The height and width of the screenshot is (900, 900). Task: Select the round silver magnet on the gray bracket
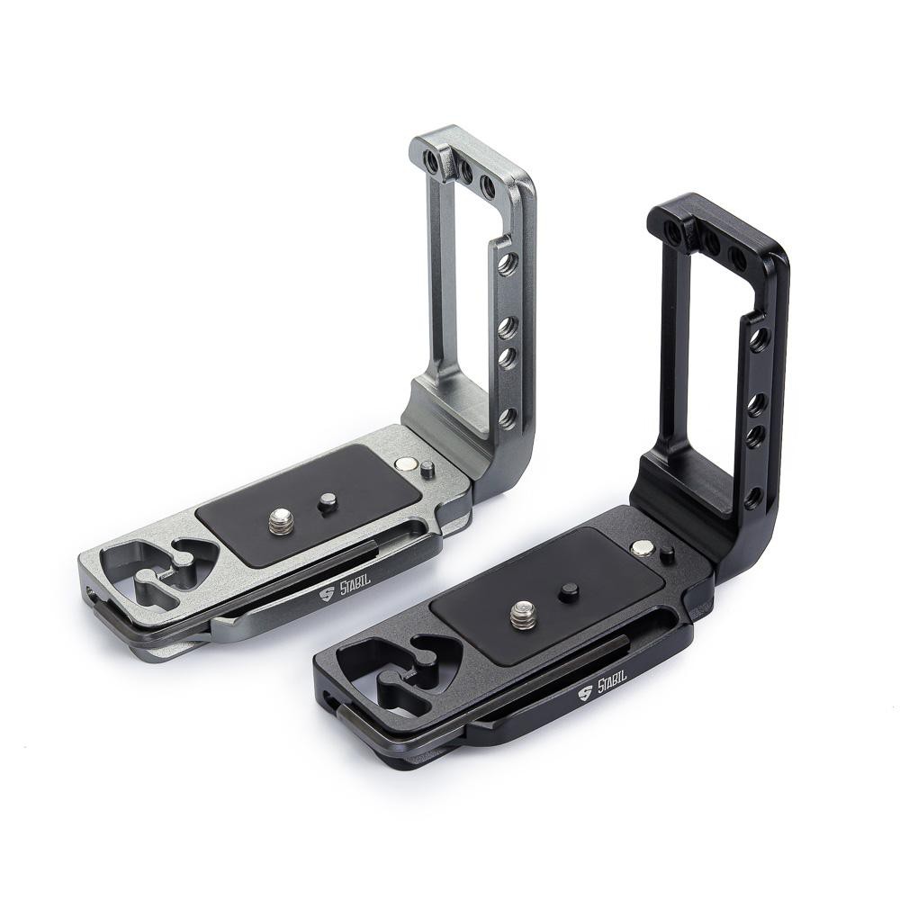coord(404,464)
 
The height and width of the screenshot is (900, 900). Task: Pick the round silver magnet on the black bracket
coord(642,548)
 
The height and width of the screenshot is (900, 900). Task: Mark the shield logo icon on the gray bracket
coord(327,598)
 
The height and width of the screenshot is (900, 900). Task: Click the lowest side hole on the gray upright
coord(508,418)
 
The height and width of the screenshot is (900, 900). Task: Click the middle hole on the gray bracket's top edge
coord(465,167)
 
